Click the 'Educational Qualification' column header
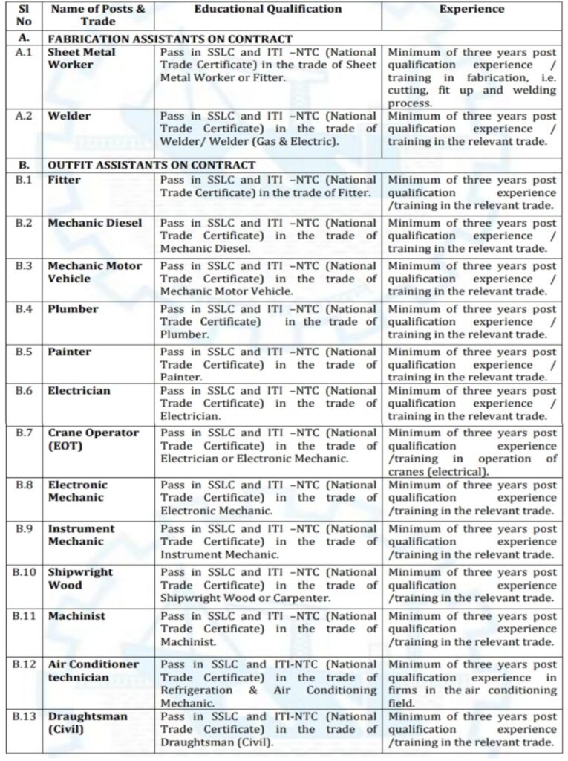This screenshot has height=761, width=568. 268,10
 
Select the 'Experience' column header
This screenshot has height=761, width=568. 471,10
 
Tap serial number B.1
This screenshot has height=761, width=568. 27,180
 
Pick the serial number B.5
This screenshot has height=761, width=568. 27,352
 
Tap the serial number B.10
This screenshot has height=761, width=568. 27,573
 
